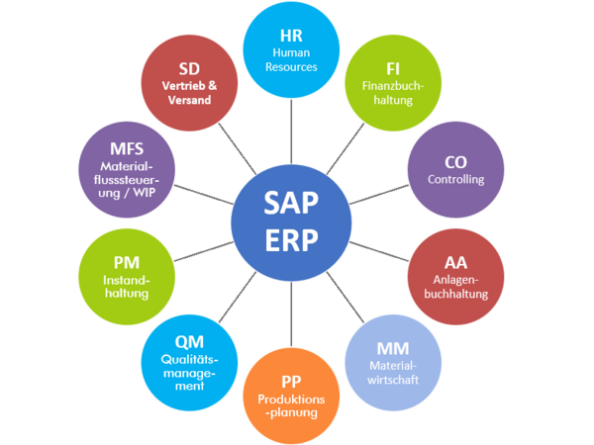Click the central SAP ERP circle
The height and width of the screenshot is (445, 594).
click(x=291, y=222)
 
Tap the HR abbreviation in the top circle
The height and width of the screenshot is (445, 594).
click(x=291, y=36)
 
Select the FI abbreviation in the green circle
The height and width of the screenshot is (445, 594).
click(x=393, y=69)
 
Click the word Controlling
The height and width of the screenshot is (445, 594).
click(x=455, y=179)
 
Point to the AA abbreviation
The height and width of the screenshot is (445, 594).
click(x=455, y=263)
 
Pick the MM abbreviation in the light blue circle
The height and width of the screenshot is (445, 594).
click(x=393, y=348)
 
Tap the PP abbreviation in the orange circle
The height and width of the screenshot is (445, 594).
click(x=291, y=382)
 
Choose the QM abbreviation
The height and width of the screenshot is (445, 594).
click(x=189, y=342)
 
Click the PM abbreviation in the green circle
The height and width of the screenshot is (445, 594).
click(x=127, y=263)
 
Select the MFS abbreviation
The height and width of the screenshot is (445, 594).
click(x=127, y=148)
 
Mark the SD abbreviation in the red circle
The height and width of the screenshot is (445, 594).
click(x=189, y=69)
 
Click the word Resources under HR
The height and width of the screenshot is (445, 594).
click(x=291, y=67)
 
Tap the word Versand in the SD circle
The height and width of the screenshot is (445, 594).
click(x=189, y=100)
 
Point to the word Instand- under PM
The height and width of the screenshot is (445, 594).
click(x=127, y=281)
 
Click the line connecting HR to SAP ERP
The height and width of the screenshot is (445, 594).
click(x=291, y=131)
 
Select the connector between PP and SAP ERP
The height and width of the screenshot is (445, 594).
click(x=291, y=314)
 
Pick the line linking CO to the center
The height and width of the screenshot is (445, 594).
click(x=379, y=195)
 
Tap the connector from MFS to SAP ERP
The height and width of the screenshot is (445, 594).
click(x=203, y=195)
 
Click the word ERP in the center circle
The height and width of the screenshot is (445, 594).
click(x=291, y=240)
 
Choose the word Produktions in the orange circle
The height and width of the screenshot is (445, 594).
click(x=291, y=400)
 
